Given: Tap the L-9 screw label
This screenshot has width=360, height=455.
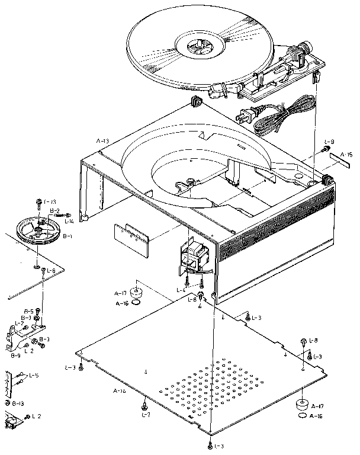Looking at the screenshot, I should click(x=330, y=142).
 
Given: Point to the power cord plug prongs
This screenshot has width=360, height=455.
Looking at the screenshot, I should click(x=240, y=115).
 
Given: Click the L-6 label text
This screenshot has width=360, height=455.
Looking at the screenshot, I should click(x=52, y=271).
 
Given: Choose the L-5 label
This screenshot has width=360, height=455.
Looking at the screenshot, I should click(x=34, y=375).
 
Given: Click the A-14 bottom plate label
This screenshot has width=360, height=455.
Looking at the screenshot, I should click(x=120, y=391).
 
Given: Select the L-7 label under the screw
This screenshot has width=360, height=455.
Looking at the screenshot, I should click(x=144, y=416).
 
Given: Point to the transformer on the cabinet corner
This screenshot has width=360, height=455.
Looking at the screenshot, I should click(x=196, y=256).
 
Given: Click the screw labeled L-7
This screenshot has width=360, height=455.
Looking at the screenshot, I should click(x=144, y=406).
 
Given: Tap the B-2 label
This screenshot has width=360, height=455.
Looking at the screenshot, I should click(x=54, y=210).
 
